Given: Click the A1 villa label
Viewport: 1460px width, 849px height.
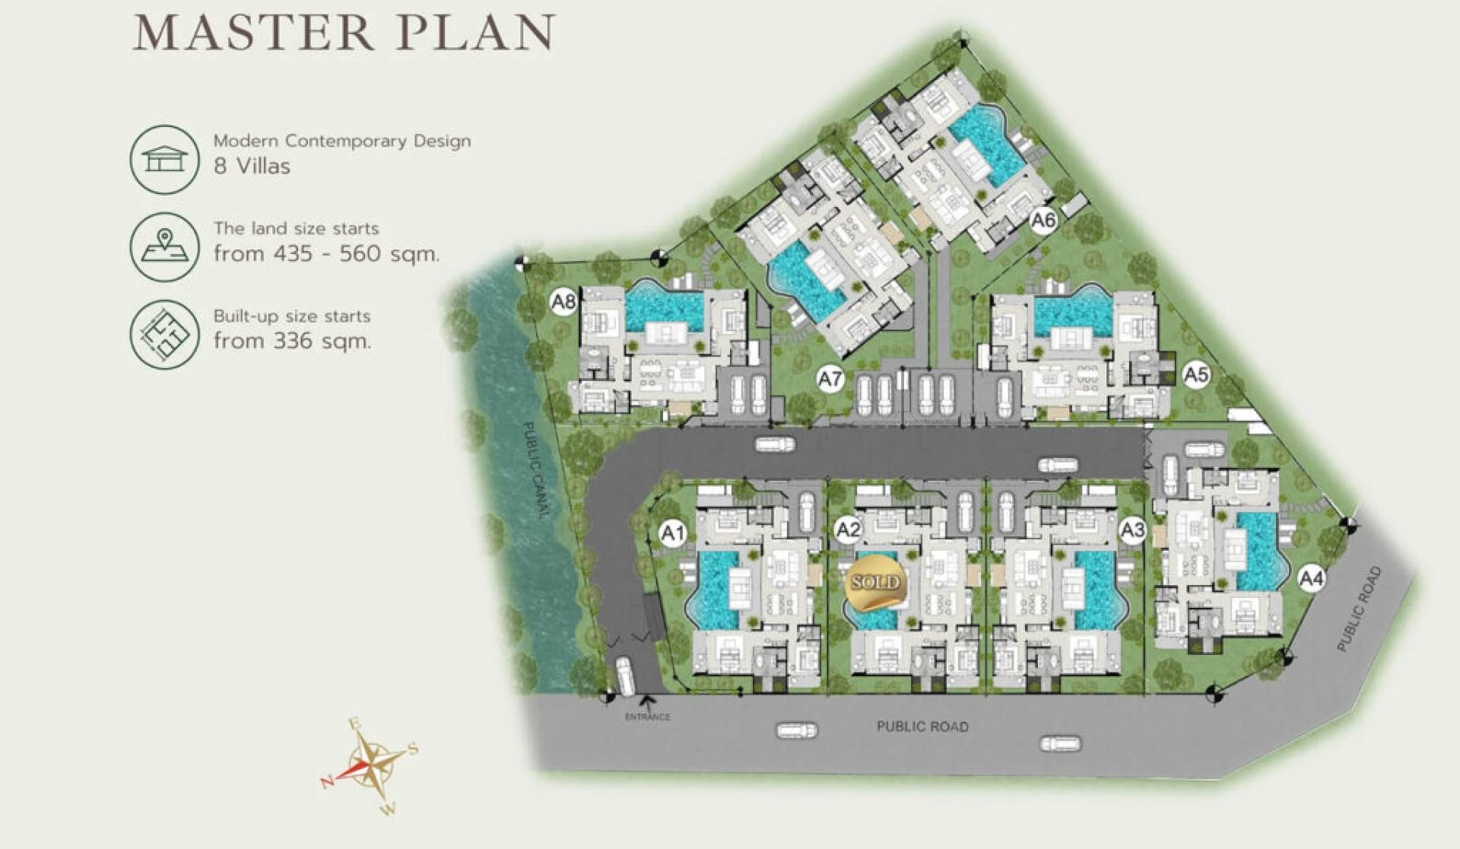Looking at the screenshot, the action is click(673, 533).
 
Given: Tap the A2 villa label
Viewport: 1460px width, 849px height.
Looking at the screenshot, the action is click(848, 530).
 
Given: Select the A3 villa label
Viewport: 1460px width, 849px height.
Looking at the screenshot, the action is click(1132, 529).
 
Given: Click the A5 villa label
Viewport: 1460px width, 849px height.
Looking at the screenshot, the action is click(1196, 374).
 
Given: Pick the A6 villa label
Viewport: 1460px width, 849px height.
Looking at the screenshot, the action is click(1043, 221).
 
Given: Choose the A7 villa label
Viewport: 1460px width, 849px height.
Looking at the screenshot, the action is click(830, 378).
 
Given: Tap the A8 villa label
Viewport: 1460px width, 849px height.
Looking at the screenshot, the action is click(563, 302).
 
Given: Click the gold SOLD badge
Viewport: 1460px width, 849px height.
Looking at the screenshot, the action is click(874, 583).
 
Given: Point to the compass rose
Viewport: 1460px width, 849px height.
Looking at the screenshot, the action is click(372, 764).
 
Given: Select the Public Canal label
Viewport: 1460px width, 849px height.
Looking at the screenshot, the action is click(535, 470).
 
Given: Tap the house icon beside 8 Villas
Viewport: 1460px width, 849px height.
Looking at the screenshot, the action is click(165, 160).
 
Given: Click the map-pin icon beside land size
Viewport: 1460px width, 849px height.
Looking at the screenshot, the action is click(165, 247).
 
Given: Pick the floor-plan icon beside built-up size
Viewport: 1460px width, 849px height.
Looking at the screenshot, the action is click(165, 335).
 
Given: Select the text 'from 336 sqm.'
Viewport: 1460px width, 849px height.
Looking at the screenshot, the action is click(293, 341).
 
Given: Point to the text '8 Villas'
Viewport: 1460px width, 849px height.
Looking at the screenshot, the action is click(252, 166).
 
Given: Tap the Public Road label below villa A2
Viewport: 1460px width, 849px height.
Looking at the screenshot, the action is click(922, 727).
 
